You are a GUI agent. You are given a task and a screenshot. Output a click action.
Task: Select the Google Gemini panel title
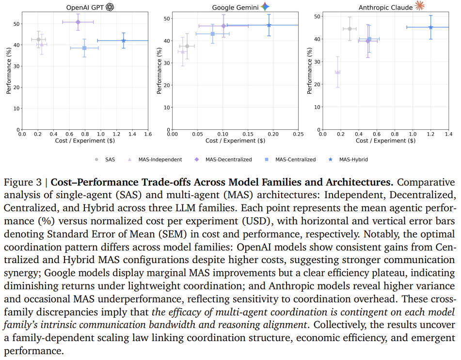236,7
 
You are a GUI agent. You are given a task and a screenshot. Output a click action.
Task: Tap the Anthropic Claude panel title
385,7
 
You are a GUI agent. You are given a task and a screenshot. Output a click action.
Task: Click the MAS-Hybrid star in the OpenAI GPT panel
124,41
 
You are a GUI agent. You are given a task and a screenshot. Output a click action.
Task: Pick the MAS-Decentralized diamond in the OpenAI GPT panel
78,22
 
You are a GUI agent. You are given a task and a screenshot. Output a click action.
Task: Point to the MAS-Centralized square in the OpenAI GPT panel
84,48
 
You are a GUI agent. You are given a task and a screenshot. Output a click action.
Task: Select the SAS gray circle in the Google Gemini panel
187,46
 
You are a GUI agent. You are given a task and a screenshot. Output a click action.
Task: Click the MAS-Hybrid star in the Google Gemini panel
269,25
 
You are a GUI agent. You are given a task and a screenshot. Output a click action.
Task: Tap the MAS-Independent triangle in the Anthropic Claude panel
338,72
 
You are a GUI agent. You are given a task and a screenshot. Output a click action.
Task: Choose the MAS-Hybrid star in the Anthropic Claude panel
430,27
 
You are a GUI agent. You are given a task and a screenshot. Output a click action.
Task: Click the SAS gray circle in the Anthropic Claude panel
350,29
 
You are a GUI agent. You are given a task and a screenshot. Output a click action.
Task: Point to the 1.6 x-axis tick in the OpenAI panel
148,134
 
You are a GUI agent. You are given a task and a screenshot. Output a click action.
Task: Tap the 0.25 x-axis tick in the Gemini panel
298,134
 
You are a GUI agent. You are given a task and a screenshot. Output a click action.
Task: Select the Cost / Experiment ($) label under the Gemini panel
236,141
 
